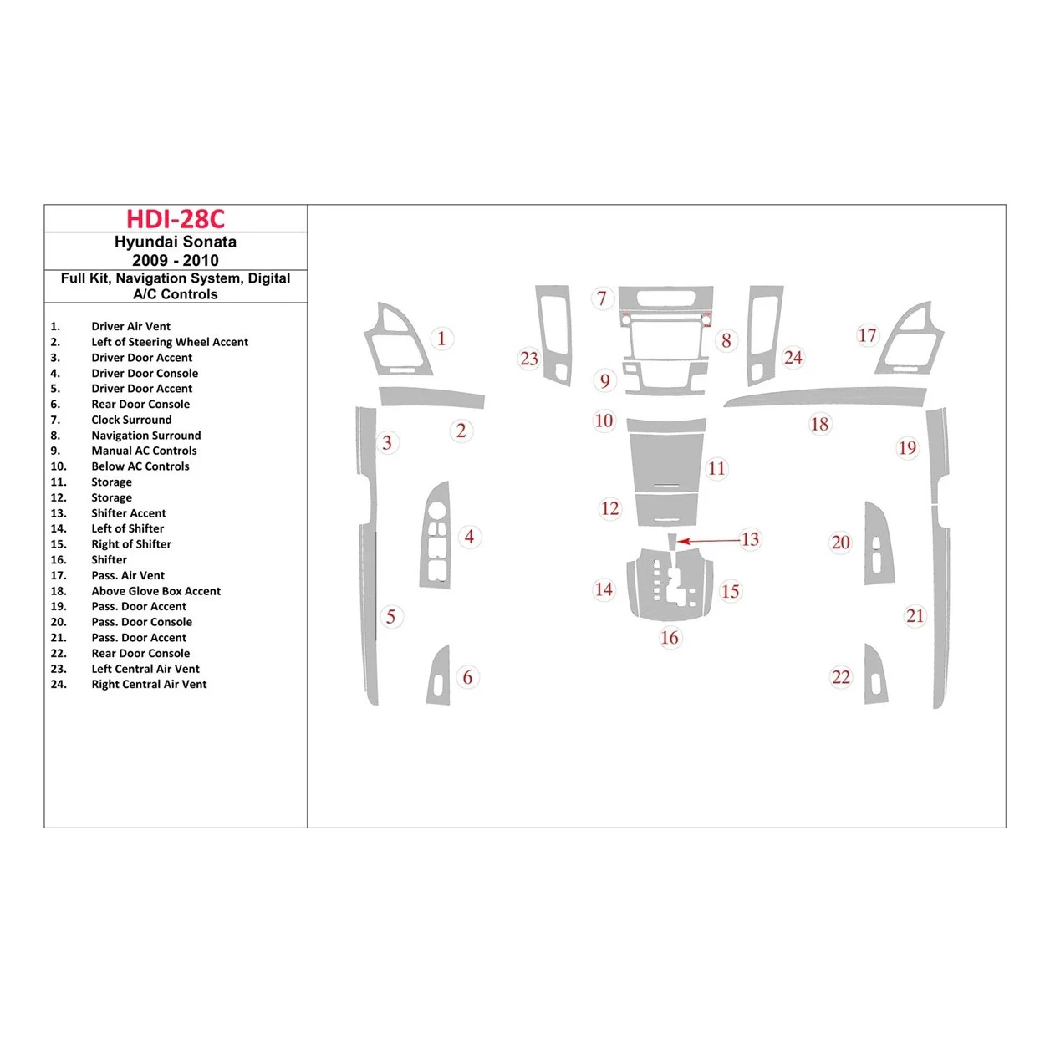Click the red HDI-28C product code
(x=176, y=219)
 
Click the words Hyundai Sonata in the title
(x=176, y=242)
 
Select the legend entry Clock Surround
(x=131, y=420)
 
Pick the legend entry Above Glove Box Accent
(x=155, y=591)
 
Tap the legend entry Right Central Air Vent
(x=149, y=684)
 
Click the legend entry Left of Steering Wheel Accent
(x=170, y=342)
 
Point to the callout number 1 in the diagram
(x=441, y=339)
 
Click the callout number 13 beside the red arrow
(x=750, y=539)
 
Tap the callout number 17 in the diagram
(x=867, y=335)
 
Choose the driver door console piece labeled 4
(x=435, y=535)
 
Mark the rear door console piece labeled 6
(x=439, y=676)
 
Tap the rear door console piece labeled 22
(x=874, y=675)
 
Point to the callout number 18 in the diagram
(x=819, y=424)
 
